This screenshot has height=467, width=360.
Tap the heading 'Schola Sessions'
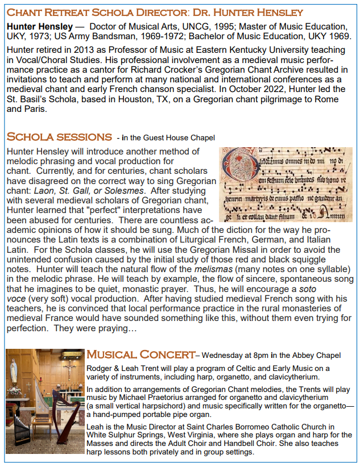(x=59, y=137)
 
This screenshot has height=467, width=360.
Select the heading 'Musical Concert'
(x=140, y=355)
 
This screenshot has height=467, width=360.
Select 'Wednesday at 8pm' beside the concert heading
(x=237, y=356)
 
